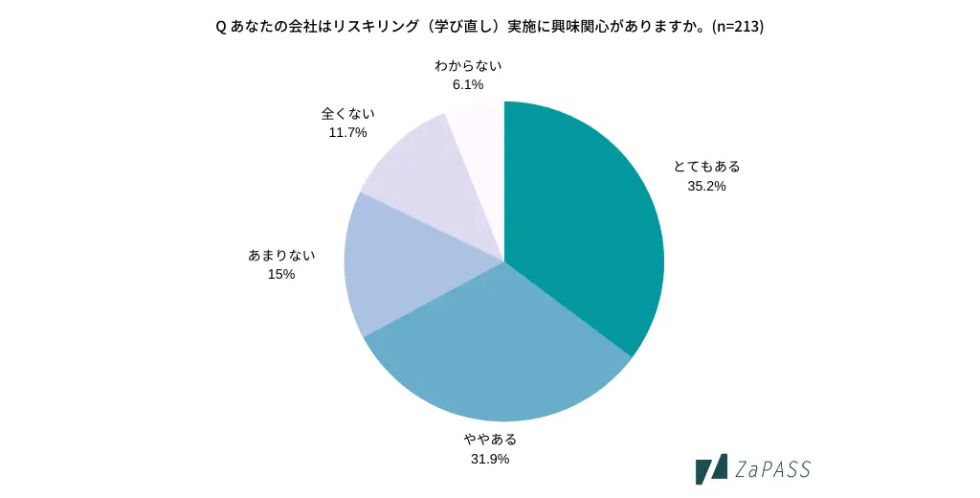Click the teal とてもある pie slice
pos(584,220)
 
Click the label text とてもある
pos(706,167)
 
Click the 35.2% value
pos(706,186)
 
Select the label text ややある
pos(490,440)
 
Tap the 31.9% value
pos(490,459)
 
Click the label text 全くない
pos(347,113)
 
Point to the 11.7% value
pos(347,132)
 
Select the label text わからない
pos(468,65)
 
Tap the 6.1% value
pos(468,84)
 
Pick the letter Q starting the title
pos(221,27)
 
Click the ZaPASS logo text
pos(773,469)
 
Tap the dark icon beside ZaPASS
pos(711,469)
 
